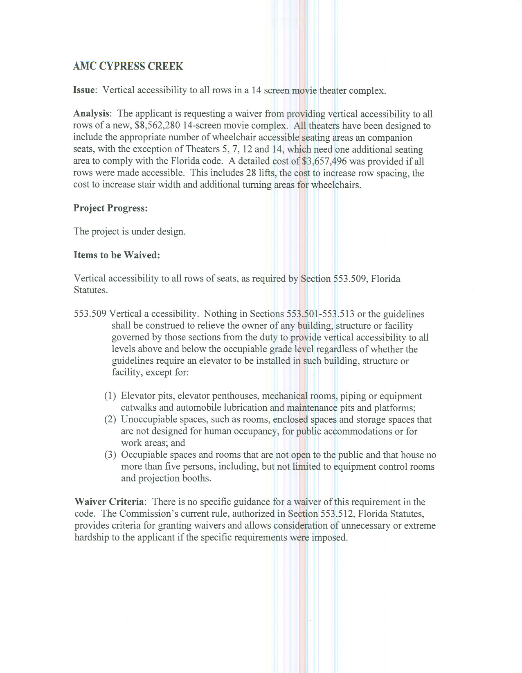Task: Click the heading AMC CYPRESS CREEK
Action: coord(128,66)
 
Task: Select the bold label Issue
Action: coord(84,90)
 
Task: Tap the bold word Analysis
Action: coord(91,113)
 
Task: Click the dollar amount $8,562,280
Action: coord(157,126)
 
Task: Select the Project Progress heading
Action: coord(110,208)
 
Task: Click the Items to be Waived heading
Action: coord(117,255)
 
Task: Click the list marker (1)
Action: coord(110,396)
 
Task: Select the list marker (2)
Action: coord(110,420)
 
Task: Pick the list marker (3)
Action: coord(110,455)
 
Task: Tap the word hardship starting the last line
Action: coord(92,537)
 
